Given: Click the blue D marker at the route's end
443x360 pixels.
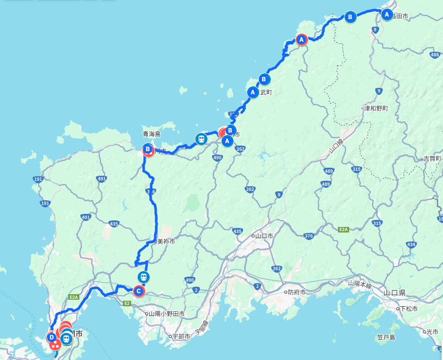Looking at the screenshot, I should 52,337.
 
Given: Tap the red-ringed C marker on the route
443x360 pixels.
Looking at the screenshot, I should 139,291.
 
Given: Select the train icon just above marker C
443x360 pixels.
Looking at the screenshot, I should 143,277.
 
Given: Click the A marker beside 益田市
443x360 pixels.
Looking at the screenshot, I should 387,15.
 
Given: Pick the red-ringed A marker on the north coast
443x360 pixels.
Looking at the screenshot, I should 301,40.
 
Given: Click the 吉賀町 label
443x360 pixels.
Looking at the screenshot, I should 431,159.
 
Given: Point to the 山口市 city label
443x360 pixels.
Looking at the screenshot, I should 264,235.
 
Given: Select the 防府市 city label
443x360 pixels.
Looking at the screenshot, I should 297,292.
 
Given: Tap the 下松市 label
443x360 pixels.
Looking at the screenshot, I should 408,309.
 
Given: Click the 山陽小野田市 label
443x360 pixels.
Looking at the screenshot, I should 166,314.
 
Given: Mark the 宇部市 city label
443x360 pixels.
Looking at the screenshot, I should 180,336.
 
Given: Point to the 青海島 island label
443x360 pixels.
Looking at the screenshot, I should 151,134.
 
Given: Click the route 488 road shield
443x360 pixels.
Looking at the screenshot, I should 435,55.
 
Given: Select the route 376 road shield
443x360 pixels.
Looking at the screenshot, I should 308,236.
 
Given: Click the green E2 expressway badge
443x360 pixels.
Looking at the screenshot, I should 127,303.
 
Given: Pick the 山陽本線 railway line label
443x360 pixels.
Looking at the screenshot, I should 360,285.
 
